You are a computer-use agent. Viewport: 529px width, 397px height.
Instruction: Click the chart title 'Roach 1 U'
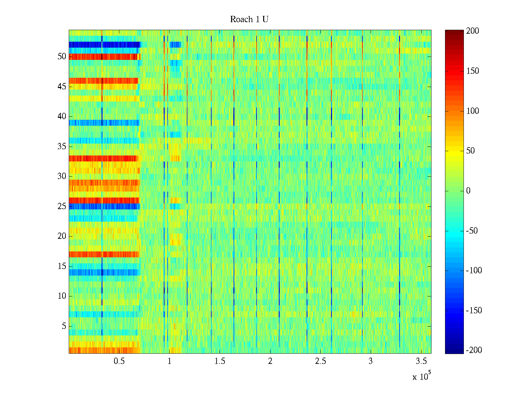(x=249, y=20)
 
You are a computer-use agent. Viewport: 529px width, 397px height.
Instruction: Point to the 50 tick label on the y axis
(x=62, y=57)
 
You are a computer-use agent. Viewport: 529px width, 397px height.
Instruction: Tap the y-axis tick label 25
(x=62, y=206)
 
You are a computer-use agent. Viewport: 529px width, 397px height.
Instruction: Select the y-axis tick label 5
(x=64, y=326)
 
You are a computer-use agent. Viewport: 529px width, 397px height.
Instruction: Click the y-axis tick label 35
(x=62, y=147)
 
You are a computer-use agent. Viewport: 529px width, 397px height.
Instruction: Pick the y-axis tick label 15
(x=62, y=266)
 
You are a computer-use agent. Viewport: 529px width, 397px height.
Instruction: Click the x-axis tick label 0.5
(x=119, y=361)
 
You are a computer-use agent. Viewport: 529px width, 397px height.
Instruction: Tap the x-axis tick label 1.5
(x=220, y=361)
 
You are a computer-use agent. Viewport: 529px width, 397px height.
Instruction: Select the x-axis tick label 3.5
(x=421, y=361)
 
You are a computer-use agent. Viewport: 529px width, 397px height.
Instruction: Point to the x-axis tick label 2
(x=270, y=361)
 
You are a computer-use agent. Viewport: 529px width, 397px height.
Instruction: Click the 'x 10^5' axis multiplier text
(x=422, y=376)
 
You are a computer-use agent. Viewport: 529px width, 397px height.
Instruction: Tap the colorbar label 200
(x=472, y=31)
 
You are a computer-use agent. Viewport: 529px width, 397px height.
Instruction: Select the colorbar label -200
(x=474, y=350)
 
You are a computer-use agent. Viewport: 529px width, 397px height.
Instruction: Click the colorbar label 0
(x=468, y=191)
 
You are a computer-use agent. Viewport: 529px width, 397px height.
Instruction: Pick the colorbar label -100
(x=474, y=271)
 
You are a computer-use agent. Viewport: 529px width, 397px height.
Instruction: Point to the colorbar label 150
(x=472, y=71)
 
